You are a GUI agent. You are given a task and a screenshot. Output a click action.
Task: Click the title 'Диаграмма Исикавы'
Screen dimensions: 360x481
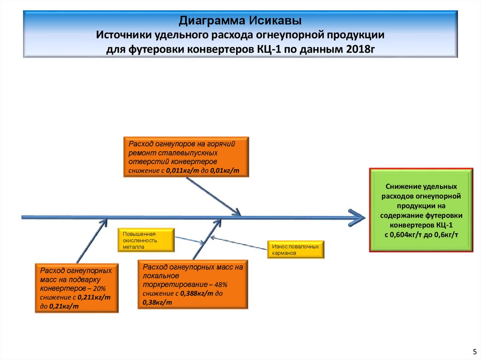[240, 21]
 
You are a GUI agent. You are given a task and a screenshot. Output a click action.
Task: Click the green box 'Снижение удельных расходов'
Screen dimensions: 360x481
[421, 210]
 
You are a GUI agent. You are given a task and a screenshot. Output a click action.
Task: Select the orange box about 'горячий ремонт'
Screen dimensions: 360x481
[186, 157]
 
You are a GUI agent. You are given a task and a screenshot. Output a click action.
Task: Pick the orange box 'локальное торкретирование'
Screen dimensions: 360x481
[193, 285]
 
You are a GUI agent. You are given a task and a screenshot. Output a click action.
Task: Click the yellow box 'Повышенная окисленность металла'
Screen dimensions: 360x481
[146, 239]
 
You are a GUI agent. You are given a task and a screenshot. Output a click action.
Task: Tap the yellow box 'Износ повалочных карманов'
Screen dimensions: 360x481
[295, 250]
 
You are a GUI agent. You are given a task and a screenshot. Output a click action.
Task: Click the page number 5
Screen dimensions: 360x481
[474, 351]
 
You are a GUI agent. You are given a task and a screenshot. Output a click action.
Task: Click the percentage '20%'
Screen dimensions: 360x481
[102, 288]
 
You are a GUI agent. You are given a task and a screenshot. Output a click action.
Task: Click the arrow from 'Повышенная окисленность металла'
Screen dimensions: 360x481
[189, 239]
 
